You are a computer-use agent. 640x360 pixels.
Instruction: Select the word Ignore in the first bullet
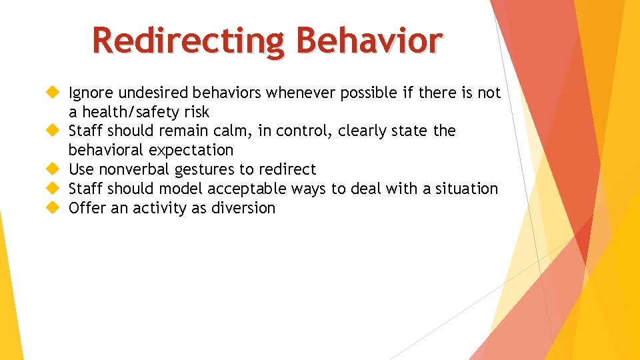91,93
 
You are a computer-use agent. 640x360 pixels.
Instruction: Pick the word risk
193,112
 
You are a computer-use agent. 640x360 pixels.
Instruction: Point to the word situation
467,189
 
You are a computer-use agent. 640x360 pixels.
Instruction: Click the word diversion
243,209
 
